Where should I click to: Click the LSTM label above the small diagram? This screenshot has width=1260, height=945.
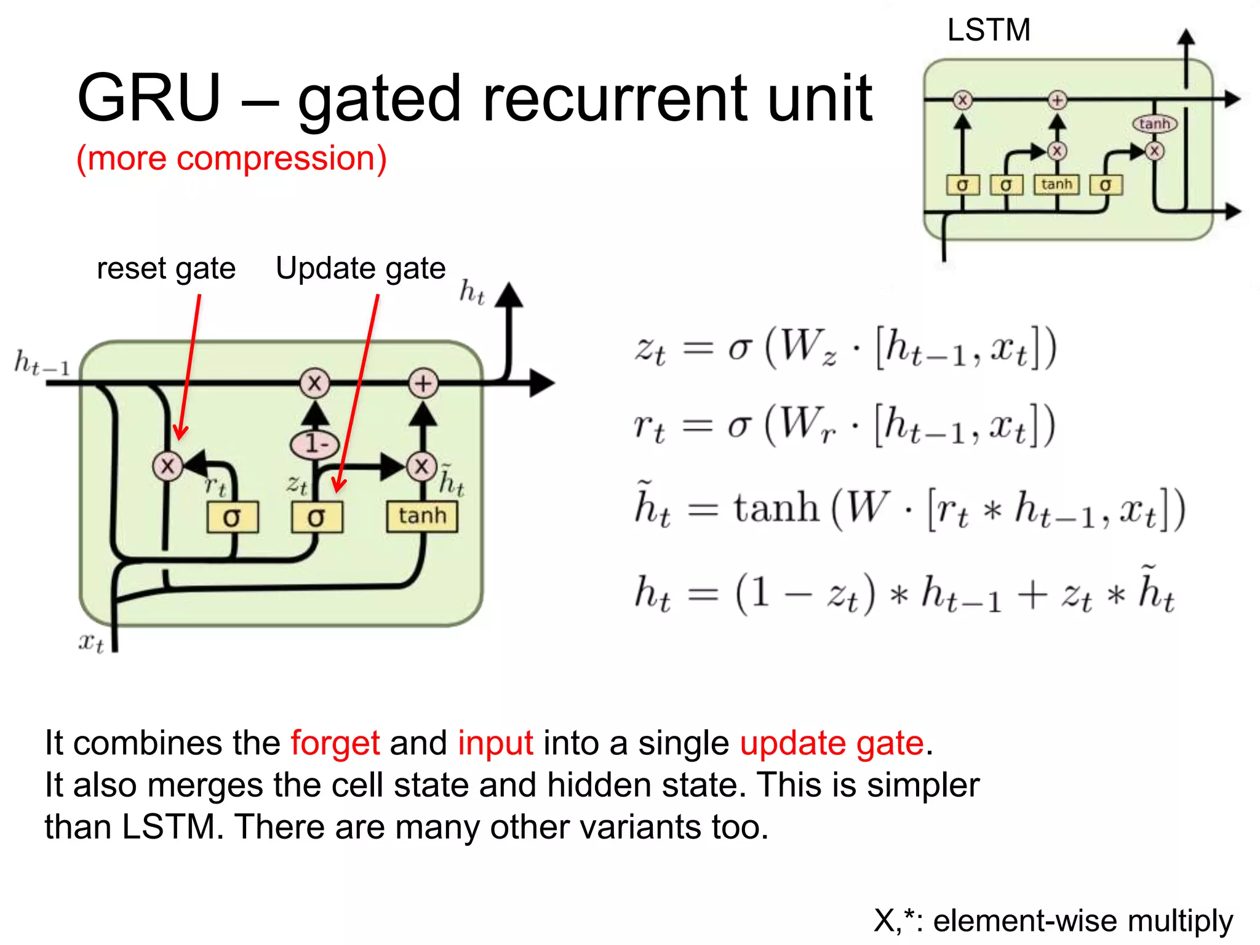(988, 30)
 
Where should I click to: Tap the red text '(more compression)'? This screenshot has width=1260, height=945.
(231, 158)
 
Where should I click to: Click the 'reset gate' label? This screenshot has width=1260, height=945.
(166, 268)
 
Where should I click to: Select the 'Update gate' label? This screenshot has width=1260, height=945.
(361, 268)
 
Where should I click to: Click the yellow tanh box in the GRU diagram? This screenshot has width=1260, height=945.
(422, 516)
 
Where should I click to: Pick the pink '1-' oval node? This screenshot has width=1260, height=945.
(315, 443)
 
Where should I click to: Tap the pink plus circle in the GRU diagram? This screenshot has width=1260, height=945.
(423, 383)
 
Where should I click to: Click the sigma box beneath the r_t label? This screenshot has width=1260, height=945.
(232, 517)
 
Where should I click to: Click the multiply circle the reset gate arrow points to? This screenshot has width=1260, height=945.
(167, 466)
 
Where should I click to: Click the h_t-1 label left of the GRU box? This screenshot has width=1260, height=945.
(42, 363)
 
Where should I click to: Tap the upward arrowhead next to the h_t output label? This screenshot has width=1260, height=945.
(509, 295)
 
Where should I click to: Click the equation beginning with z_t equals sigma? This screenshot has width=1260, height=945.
(846, 349)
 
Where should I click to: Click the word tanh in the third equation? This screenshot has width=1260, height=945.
(776, 508)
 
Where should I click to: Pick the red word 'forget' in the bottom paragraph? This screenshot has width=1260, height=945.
(335, 743)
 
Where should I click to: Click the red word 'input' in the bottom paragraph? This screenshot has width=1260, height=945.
(495, 743)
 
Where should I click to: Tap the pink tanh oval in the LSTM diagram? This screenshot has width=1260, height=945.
(1154, 124)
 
